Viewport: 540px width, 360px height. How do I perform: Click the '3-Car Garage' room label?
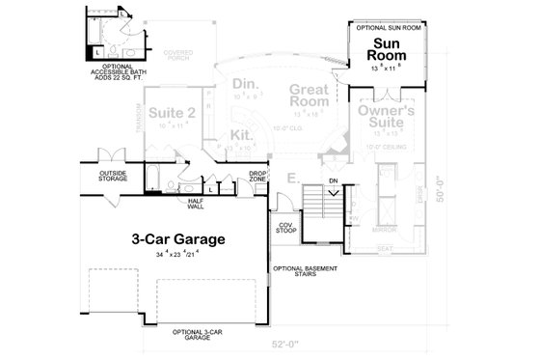[x=178, y=238]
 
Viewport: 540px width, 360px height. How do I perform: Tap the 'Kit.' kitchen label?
[x=241, y=136]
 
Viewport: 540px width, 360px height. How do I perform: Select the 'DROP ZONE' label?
[x=258, y=178]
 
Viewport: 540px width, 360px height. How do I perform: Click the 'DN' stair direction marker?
[x=334, y=181]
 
